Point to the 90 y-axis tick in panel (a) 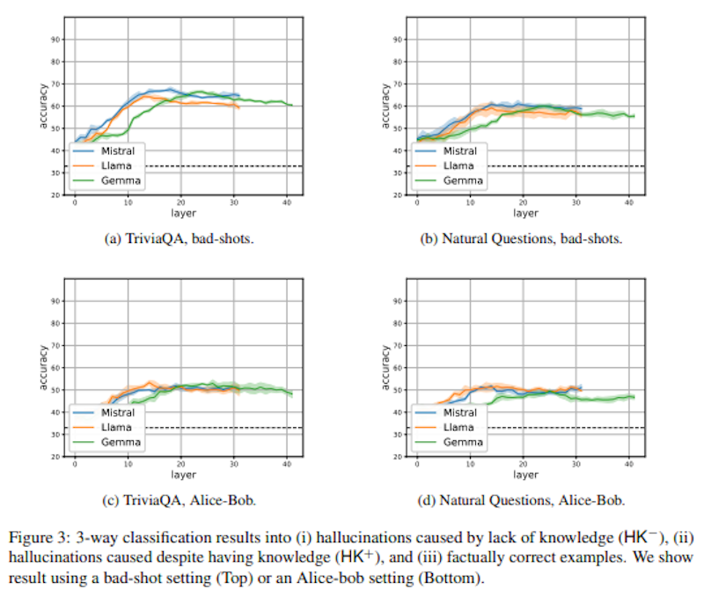(55, 40)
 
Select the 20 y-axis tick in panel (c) (55, 457)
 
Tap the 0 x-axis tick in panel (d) (417, 465)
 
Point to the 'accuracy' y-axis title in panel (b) (385, 106)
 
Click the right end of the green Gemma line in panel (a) (291, 105)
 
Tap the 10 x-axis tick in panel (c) (128, 465)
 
